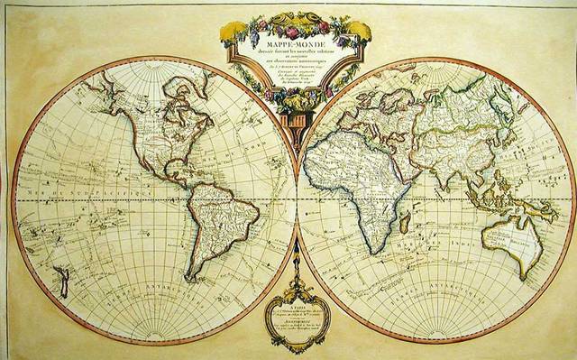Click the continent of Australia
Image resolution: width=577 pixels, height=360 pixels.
coord(511,234)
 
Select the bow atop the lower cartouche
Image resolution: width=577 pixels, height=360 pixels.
coord(289,270)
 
